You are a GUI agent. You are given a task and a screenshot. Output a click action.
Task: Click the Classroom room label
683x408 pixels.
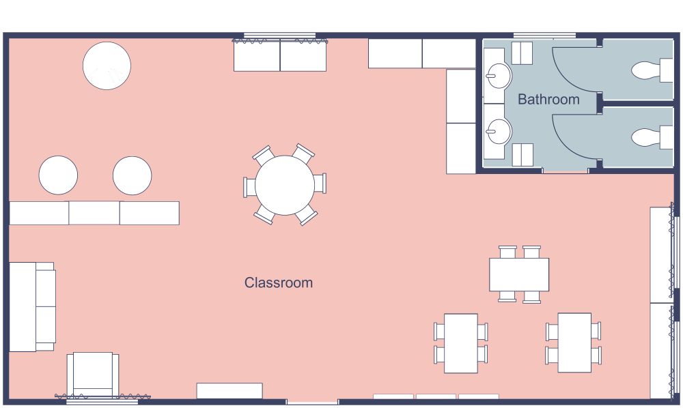pyautogui.click(x=279, y=282)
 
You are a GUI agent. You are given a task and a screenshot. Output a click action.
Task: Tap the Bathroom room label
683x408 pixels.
pyautogui.click(x=548, y=100)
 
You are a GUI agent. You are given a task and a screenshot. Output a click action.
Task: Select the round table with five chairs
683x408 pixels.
pyautogui.click(x=285, y=185)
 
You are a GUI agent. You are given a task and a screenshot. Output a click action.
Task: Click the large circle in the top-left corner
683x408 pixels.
pyautogui.click(x=107, y=65)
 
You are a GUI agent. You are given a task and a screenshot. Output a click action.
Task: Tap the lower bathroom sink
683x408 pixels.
pyautogui.click(x=499, y=130)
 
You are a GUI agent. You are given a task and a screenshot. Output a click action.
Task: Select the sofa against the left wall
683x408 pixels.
pyautogui.click(x=31, y=306)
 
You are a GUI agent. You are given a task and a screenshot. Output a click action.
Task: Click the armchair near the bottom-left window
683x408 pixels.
pyautogui.click(x=93, y=374)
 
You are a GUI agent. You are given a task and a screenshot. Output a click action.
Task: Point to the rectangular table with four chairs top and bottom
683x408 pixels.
pyautogui.click(x=519, y=274)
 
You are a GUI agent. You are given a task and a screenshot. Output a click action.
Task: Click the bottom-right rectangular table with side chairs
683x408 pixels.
pyautogui.click(x=574, y=343)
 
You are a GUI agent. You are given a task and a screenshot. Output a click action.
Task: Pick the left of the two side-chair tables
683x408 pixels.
pyautogui.click(x=461, y=343)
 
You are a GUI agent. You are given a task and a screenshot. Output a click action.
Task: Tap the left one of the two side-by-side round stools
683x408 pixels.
pyautogui.click(x=58, y=175)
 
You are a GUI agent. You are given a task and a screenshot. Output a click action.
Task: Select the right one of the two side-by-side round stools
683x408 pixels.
pyautogui.click(x=132, y=175)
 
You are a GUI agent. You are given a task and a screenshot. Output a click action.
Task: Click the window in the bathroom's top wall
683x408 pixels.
pyautogui.click(x=544, y=35)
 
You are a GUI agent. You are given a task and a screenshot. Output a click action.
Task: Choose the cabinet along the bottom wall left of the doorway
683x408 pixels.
pyautogui.click(x=229, y=391)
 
